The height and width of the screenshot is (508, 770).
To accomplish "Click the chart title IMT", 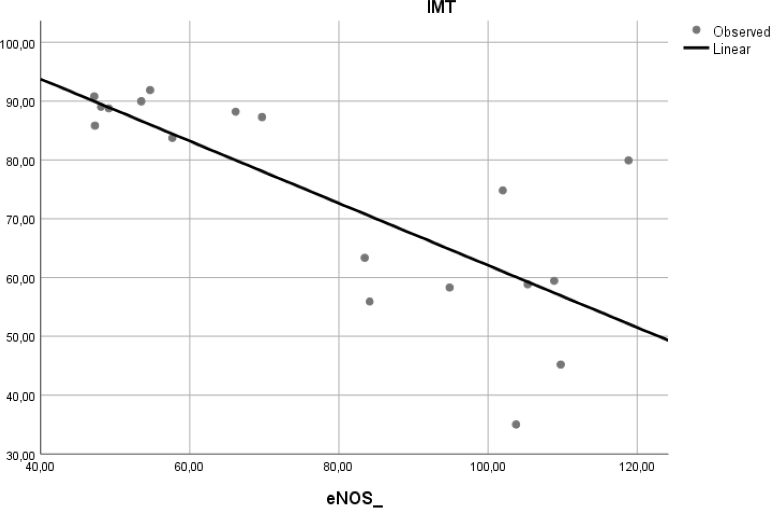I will point(440,7).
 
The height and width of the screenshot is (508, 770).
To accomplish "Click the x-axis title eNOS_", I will point(354,498).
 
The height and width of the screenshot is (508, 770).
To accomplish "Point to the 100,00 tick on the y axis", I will point(17,44).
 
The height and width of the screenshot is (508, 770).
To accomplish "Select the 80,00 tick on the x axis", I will point(338,466).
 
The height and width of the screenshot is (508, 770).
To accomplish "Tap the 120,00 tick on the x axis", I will point(637,466).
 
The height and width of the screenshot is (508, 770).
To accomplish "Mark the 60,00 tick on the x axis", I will point(189,466).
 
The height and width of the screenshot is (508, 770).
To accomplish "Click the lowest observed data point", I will point(516,424).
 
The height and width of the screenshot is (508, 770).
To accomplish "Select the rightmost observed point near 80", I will point(628,161).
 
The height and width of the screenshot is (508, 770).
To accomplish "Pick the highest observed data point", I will point(150,90).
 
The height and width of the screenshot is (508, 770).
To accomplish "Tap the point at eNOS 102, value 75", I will point(502,190).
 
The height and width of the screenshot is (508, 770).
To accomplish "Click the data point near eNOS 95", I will point(450,288).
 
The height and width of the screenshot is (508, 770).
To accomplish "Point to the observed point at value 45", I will point(560,364).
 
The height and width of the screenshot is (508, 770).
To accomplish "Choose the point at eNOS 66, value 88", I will point(235,112).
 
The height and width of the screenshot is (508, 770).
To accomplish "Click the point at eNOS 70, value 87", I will point(262,117).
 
